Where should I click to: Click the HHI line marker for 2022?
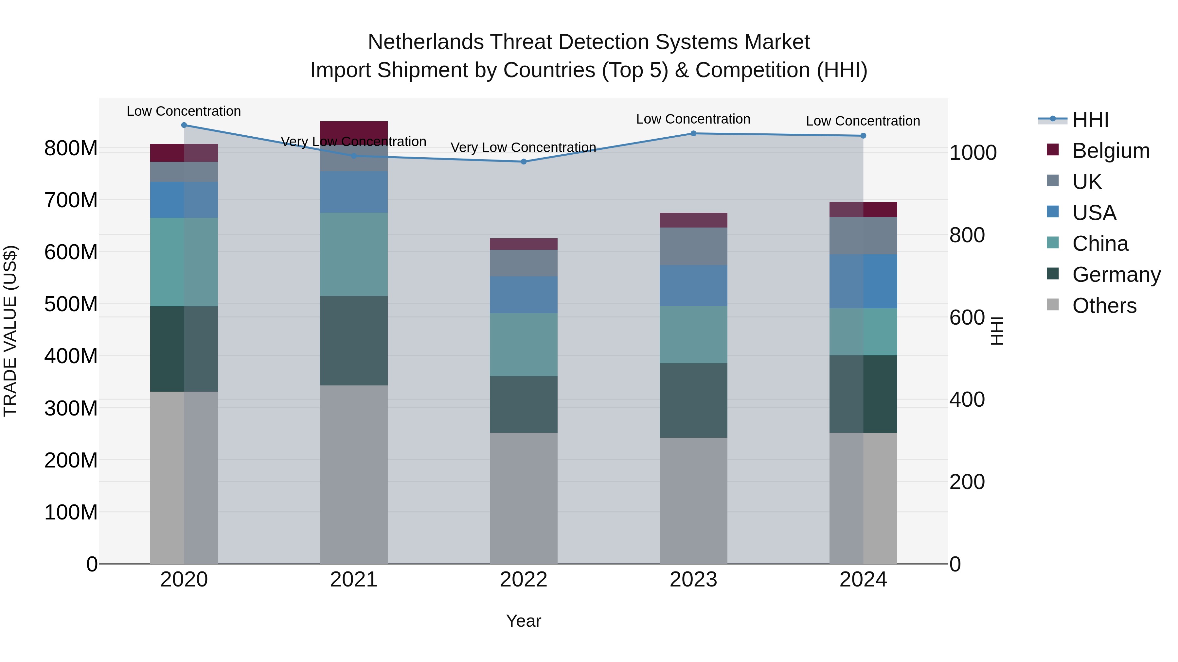(x=524, y=162)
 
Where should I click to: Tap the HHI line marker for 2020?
(x=184, y=125)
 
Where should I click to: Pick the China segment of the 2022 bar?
(x=524, y=345)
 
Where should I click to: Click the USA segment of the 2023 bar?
(x=693, y=285)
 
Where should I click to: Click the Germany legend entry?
(x=1116, y=275)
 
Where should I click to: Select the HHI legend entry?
(x=1090, y=120)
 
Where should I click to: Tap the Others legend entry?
(x=1104, y=306)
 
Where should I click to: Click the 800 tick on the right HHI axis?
(x=967, y=235)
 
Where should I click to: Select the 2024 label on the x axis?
(x=863, y=580)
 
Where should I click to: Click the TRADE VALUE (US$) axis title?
(x=10, y=331)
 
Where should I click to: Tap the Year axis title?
(x=523, y=621)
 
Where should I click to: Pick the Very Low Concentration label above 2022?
(x=523, y=147)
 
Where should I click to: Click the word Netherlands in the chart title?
(x=426, y=42)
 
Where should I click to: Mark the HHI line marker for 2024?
(x=863, y=136)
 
